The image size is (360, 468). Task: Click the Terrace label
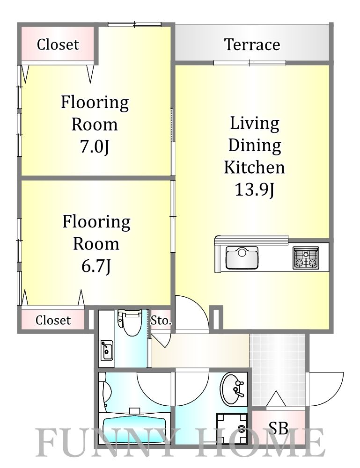pyautogui.click(x=252, y=44)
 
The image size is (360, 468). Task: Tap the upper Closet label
pyautogui.click(x=58, y=44)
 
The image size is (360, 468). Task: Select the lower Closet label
pyautogui.click(x=53, y=320)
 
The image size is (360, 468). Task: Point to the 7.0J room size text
pyautogui.click(x=95, y=146)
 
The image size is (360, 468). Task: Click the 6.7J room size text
pyautogui.click(x=96, y=266)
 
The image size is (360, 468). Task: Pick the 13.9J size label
pyautogui.click(x=254, y=189)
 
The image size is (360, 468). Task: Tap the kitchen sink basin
pyautogui.click(x=242, y=257)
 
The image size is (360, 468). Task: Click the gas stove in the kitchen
pyautogui.click(x=306, y=258)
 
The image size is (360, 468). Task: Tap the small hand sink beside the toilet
pyautogui.click(x=107, y=350)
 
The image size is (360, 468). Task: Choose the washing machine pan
pyautogui.click(x=232, y=429)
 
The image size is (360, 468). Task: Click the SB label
pyautogui.click(x=278, y=428)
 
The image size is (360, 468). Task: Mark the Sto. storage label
pyautogui.click(x=161, y=321)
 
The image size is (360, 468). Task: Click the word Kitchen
pyautogui.click(x=254, y=167)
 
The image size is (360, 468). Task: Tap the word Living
pyautogui.click(x=255, y=123)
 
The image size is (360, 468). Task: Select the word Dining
pyautogui.click(x=255, y=146)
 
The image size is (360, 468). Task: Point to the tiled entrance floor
pyautogui.click(x=278, y=370)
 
